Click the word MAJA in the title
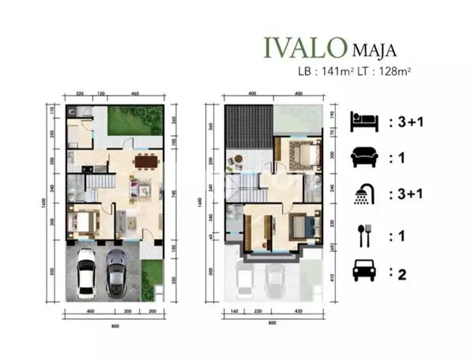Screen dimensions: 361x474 (371, 51)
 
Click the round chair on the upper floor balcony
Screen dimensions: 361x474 (235, 164)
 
